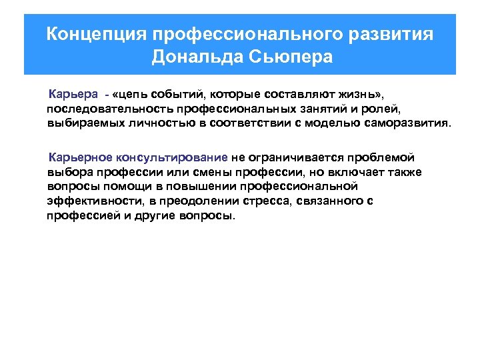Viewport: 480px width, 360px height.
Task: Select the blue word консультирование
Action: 172,158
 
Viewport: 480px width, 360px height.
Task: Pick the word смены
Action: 211,173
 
